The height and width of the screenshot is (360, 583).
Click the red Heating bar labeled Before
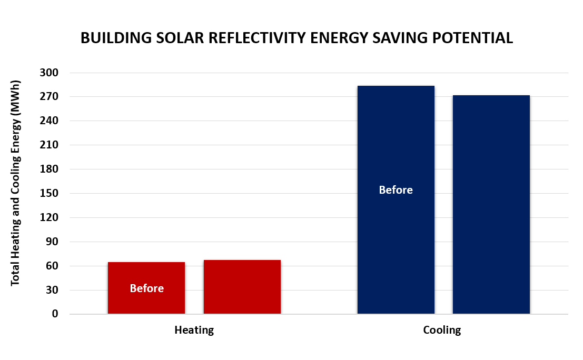coord(146,274)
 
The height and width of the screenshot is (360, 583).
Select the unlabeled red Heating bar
coord(242,287)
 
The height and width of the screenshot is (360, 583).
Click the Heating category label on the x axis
coord(194,331)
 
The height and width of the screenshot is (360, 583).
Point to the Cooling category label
coord(442,331)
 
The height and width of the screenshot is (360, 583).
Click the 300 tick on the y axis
coord(49,73)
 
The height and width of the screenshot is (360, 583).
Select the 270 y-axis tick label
coord(49,97)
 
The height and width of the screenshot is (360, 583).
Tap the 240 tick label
coord(49,121)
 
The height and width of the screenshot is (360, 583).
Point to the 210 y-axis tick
coord(49,145)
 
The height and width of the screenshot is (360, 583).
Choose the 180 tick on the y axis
coord(49,169)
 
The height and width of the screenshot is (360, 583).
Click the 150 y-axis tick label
coord(49,194)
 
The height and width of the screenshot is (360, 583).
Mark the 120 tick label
coord(49,218)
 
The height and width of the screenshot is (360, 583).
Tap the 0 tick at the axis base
coord(54,314)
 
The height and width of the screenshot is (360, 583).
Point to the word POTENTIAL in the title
coord(471,38)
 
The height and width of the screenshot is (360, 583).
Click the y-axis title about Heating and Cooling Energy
coord(15,184)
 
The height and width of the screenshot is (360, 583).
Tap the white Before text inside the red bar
coord(146,288)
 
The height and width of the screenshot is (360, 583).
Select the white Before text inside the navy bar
coord(396,190)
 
